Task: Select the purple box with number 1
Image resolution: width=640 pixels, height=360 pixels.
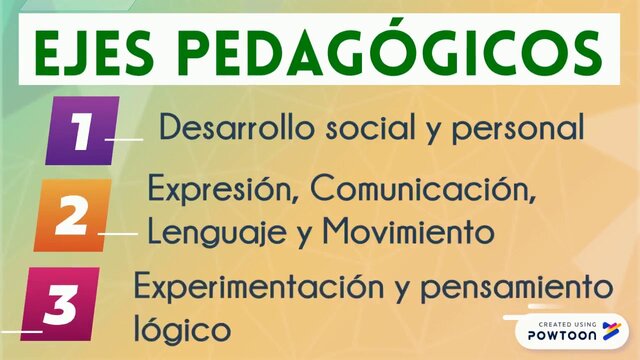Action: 83,130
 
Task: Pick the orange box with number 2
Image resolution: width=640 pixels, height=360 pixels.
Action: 70,214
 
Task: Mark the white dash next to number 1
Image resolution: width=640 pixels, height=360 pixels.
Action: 126,140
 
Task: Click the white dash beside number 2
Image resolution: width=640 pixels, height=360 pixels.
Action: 118,236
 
